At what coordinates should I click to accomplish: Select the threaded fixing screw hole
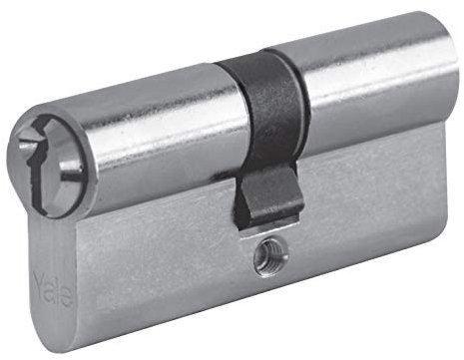point(269,256)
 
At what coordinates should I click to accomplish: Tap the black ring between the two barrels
point(262,107)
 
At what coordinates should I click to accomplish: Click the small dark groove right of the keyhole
point(72,169)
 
